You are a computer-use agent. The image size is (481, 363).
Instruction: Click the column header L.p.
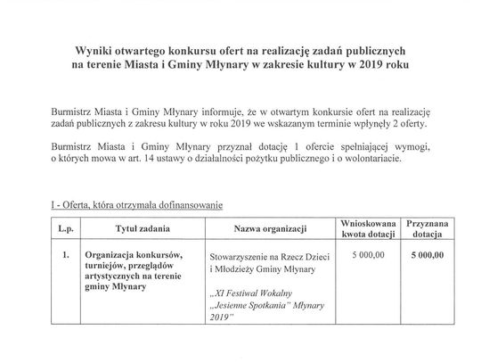[x=64, y=229]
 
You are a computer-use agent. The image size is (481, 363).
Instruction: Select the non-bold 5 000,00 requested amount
[x=368, y=254]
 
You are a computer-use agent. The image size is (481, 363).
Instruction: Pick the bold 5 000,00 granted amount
[x=431, y=254]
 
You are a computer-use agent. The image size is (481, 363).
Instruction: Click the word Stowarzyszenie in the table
[x=243, y=255]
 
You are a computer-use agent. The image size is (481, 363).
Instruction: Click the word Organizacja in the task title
[x=107, y=254]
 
